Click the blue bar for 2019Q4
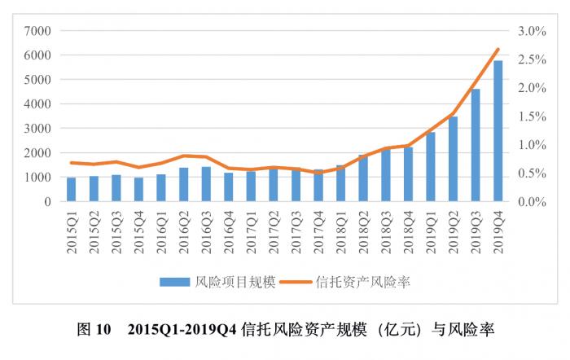pyautogui.click(x=498, y=130)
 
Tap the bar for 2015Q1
pyautogui.click(x=71, y=189)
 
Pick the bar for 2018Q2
pyautogui.click(x=363, y=178)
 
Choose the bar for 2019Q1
pyautogui.click(x=431, y=166)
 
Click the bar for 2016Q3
pyautogui.click(x=206, y=184)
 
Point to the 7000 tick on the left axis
pyautogui.click(x=38, y=31)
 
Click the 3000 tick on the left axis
pyautogui.click(x=38, y=129)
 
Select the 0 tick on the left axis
pyautogui.click(x=48, y=201)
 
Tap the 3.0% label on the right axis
pyautogui.click(x=531, y=31)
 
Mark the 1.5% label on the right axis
pyautogui.click(x=531, y=116)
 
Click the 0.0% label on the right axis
pyautogui.click(x=531, y=201)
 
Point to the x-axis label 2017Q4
pyautogui.click(x=318, y=233)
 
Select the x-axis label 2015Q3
pyautogui.click(x=116, y=233)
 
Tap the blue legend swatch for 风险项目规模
pyautogui.click(x=174, y=282)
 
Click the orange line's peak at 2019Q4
pyautogui.click(x=498, y=49)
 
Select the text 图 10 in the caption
pyautogui.click(x=93, y=330)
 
